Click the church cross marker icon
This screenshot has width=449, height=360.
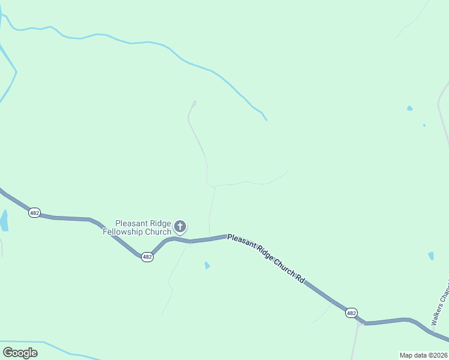pyautogui.click(x=180, y=227)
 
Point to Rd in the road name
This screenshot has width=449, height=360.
pyautogui.click(x=300, y=279)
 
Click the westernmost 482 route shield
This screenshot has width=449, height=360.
pyautogui.click(x=35, y=212)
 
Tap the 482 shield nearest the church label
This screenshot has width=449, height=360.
pyautogui.click(x=147, y=257)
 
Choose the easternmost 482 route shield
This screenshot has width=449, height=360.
pyautogui.click(x=351, y=313)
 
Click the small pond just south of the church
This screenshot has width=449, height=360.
pyautogui.click(x=207, y=265)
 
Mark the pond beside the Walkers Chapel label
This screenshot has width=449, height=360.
pyautogui.click(x=431, y=256)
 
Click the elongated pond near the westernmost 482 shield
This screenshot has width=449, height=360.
pyautogui.click(x=4, y=220)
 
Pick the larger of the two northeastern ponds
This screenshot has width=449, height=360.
pyautogui.click(x=409, y=109)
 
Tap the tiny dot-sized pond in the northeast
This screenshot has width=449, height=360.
pyautogui.click(x=424, y=125)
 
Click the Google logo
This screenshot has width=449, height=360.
pyautogui.click(x=20, y=352)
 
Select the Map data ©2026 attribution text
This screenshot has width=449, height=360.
pyautogui.click(x=424, y=355)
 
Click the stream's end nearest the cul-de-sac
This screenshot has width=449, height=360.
pyautogui.click(x=266, y=120)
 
